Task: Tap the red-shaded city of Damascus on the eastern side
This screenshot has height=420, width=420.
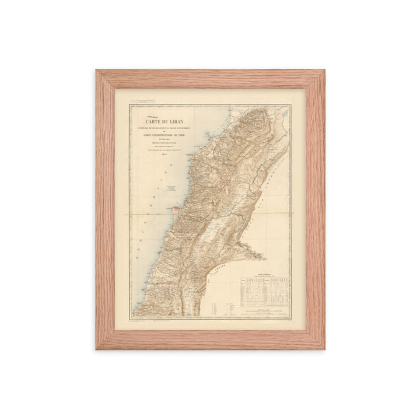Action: click(x=259, y=255)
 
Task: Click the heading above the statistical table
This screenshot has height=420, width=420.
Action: click(x=264, y=273)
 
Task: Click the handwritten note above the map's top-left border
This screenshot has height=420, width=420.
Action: click(x=141, y=101)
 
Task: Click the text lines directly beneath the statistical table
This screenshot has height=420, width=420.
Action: click(x=264, y=311)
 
